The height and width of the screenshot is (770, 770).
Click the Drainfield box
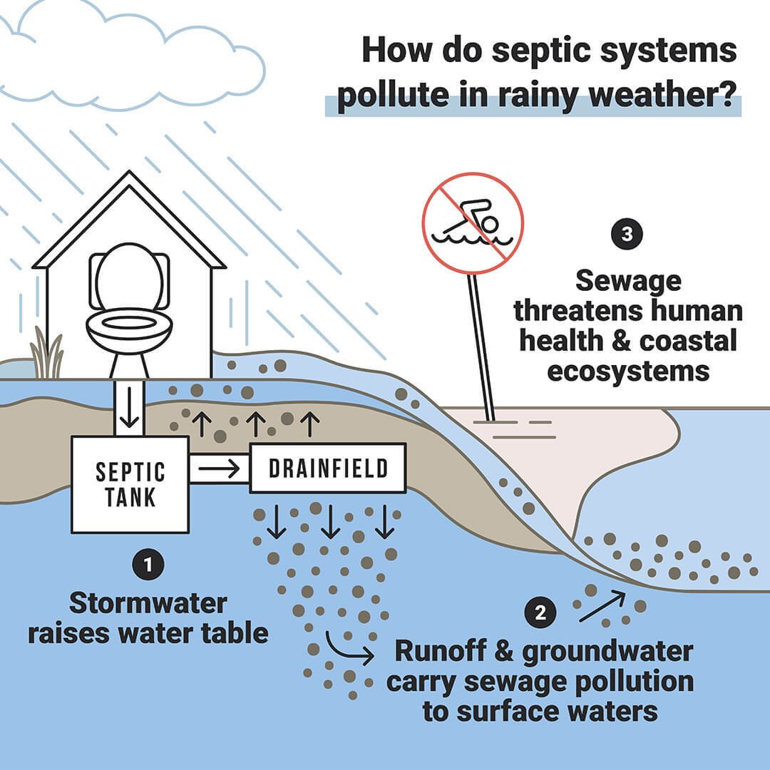click(x=327, y=468)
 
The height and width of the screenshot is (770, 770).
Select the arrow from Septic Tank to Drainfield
click(x=218, y=468)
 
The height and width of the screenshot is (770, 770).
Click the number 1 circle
click(x=148, y=565)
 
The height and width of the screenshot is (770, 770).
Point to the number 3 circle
click(x=627, y=235)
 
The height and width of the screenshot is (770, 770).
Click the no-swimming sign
click(x=473, y=221)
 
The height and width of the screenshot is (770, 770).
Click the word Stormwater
click(x=148, y=604)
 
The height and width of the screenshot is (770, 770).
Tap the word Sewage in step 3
click(x=628, y=281)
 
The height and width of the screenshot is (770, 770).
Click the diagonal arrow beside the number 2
click(x=602, y=606)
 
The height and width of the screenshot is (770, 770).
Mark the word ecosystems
click(x=628, y=371)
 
